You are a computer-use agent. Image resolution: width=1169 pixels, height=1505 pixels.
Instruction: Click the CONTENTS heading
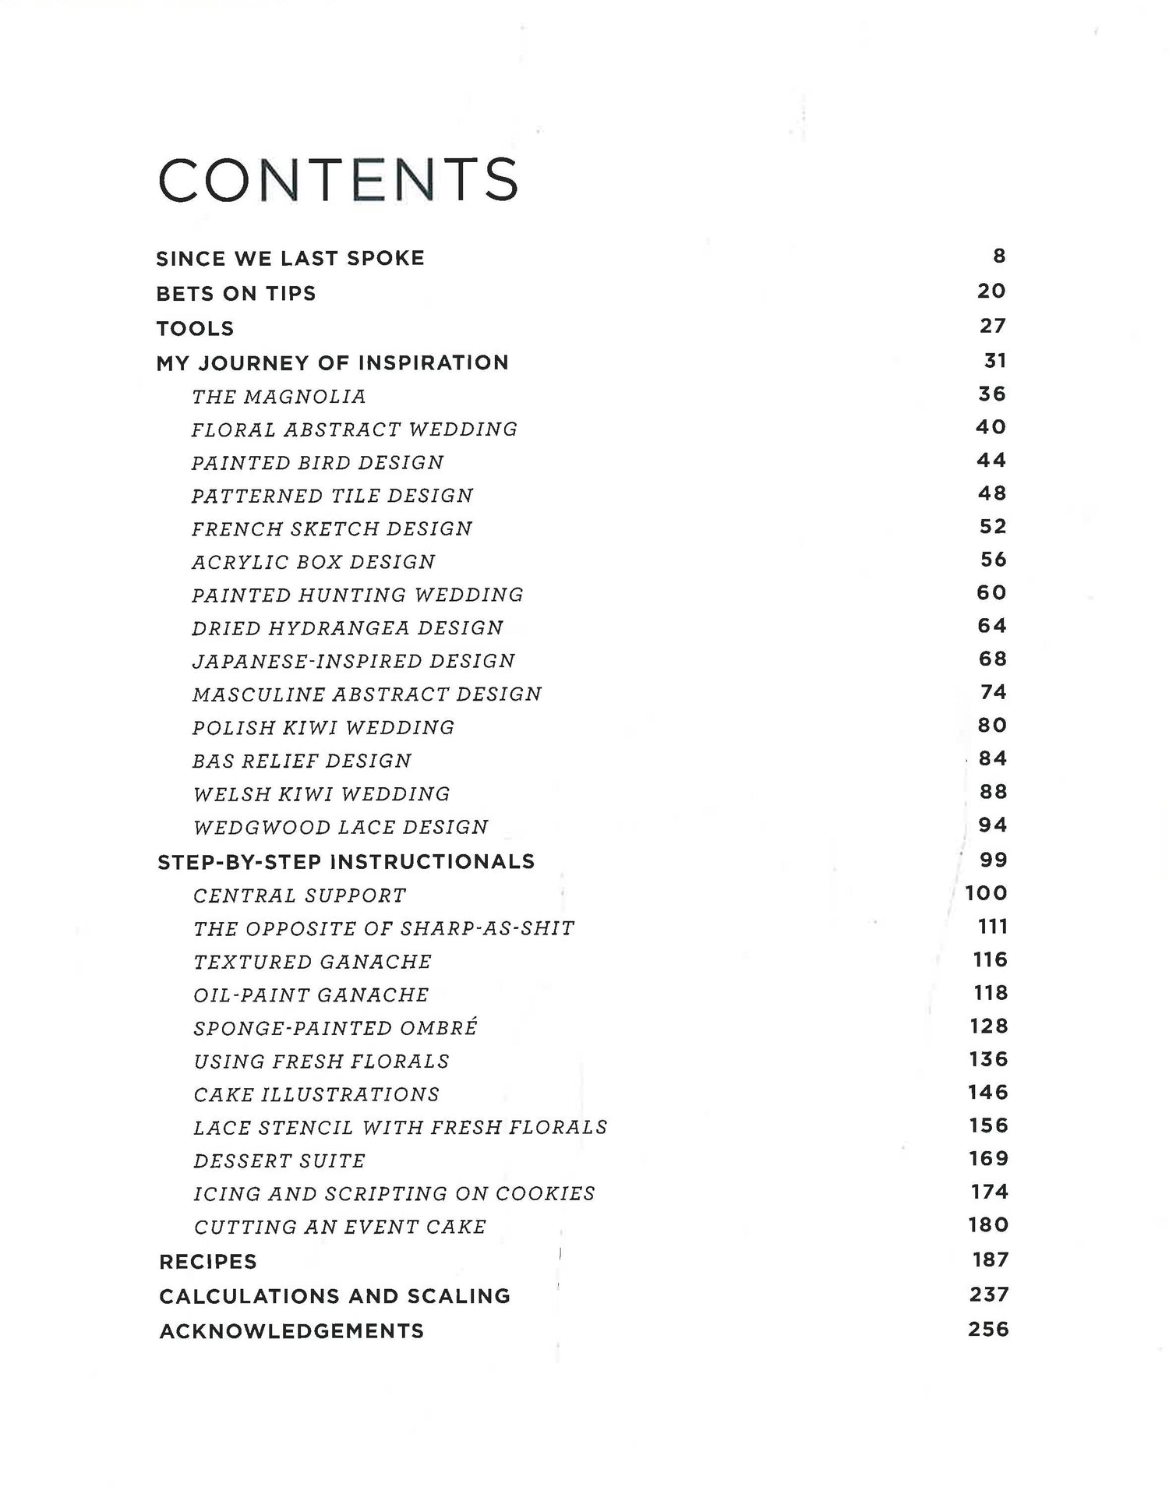click(x=338, y=180)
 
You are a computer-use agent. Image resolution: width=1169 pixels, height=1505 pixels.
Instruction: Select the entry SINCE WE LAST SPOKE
click(x=290, y=258)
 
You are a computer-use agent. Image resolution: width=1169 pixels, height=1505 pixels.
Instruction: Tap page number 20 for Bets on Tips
click(x=991, y=291)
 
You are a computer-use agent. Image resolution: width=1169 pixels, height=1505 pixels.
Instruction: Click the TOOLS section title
click(x=195, y=328)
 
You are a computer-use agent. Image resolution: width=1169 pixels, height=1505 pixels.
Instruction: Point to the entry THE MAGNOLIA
click(x=279, y=397)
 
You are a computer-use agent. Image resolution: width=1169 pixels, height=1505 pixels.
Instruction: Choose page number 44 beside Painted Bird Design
click(x=991, y=460)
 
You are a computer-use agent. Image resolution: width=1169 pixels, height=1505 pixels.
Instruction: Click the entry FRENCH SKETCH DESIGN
click(x=332, y=528)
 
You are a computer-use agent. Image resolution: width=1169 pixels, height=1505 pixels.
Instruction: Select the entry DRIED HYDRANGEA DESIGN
click(x=348, y=627)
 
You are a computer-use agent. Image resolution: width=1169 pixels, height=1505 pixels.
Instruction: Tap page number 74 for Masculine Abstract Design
click(x=993, y=692)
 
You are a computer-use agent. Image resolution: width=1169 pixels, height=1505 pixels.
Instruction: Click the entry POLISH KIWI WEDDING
click(x=323, y=727)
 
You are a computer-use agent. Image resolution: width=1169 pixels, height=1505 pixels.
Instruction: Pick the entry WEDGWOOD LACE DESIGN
click(x=341, y=827)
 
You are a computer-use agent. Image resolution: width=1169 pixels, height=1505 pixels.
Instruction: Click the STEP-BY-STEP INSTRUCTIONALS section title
click(x=346, y=861)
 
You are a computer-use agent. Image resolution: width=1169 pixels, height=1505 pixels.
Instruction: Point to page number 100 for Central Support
click(x=986, y=893)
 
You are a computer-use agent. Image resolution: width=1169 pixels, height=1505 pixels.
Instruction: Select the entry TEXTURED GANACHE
click(x=313, y=962)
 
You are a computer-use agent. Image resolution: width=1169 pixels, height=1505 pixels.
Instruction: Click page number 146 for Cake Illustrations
click(x=987, y=1092)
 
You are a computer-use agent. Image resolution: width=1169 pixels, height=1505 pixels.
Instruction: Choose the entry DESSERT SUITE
click(x=279, y=1161)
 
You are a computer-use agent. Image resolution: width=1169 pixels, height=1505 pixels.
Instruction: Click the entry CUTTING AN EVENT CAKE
click(x=340, y=1227)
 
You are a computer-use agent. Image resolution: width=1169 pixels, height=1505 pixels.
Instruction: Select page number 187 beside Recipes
click(x=990, y=1259)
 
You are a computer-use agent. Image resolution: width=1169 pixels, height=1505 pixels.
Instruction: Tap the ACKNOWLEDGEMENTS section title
click(x=291, y=1330)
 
